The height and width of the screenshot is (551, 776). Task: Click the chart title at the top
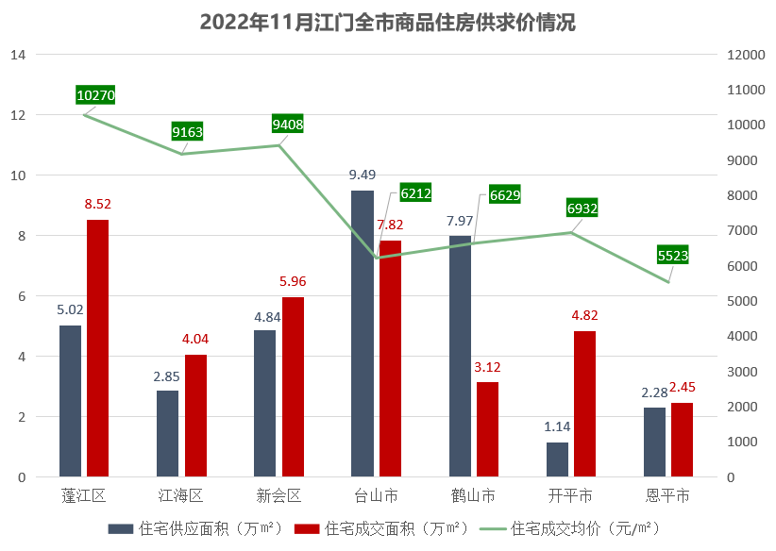click(387, 23)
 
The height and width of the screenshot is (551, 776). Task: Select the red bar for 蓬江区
click(97, 348)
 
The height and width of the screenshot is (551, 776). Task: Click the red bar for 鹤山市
click(487, 429)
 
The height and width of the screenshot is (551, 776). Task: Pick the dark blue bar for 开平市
click(557, 459)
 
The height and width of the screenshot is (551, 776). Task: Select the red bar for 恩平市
click(682, 440)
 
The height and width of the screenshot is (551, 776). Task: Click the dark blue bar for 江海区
click(167, 433)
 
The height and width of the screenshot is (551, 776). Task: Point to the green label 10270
click(95, 94)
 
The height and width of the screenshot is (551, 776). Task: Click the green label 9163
click(187, 132)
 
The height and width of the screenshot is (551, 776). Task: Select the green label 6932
click(582, 208)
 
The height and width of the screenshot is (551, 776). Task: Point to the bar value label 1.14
click(557, 426)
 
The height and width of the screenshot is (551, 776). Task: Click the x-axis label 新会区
click(278, 495)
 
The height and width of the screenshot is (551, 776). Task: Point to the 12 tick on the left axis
click(18, 115)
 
